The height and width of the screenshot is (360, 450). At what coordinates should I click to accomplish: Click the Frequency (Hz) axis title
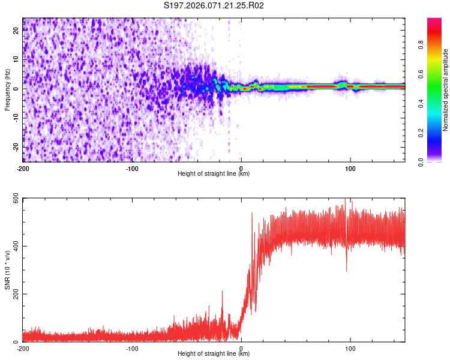(7, 89)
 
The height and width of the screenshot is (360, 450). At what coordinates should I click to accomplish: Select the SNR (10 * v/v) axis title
(7, 270)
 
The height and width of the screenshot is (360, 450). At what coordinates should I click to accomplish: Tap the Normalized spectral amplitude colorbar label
(446, 91)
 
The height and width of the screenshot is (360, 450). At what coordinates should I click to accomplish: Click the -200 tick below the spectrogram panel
(23, 168)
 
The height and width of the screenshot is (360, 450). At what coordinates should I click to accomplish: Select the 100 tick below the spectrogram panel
(350, 168)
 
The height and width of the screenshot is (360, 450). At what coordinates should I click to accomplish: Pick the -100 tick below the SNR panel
(132, 348)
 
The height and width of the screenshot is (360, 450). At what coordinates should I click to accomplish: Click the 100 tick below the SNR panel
(350, 348)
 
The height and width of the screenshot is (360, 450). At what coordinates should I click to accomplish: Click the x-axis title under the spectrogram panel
(214, 174)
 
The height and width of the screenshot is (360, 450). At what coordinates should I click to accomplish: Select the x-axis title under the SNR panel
(214, 354)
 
